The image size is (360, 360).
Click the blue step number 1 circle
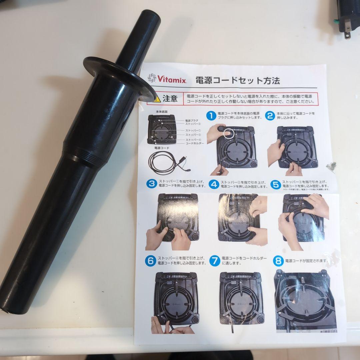tap(211, 116)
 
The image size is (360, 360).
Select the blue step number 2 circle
tap(270, 115)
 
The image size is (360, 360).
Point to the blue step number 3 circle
tap(152, 184)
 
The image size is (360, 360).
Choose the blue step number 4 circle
tap(214, 184)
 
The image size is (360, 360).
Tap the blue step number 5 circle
tap(275, 184)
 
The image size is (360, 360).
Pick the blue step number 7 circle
tap(215, 260)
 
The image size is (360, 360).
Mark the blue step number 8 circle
tap(278, 261)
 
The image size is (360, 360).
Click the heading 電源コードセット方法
tap(237, 80)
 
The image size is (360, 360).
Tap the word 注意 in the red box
tap(170, 99)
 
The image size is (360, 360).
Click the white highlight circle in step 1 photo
tap(228, 133)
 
